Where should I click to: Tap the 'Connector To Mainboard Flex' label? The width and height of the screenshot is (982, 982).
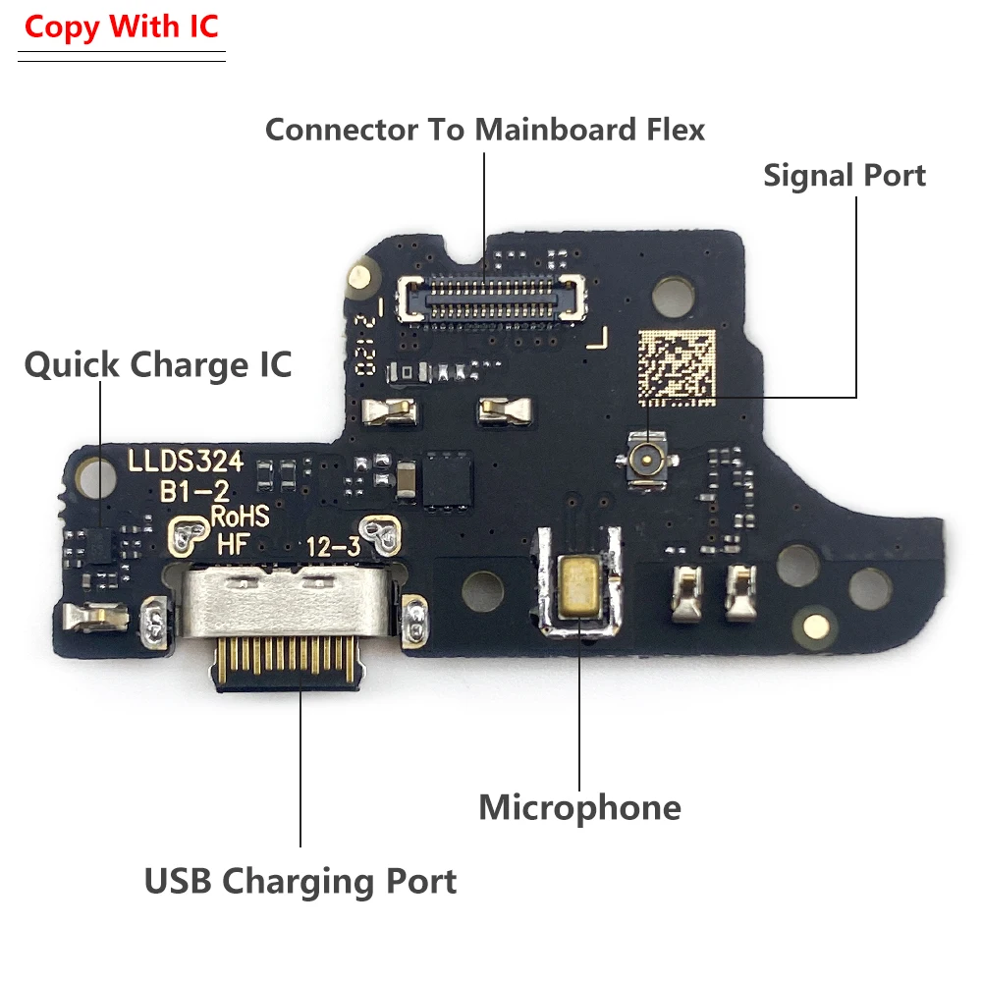pos(485,129)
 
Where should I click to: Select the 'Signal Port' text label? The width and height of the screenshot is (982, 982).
pos(845,176)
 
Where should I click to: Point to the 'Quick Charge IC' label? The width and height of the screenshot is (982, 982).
pos(158,365)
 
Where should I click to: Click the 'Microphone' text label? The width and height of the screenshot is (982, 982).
pos(579,808)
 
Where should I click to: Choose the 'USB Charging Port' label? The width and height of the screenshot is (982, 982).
pos(300,881)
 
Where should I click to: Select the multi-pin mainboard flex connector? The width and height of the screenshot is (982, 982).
pos(491,295)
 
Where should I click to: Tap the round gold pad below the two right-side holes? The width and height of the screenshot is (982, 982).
pos(814,624)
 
